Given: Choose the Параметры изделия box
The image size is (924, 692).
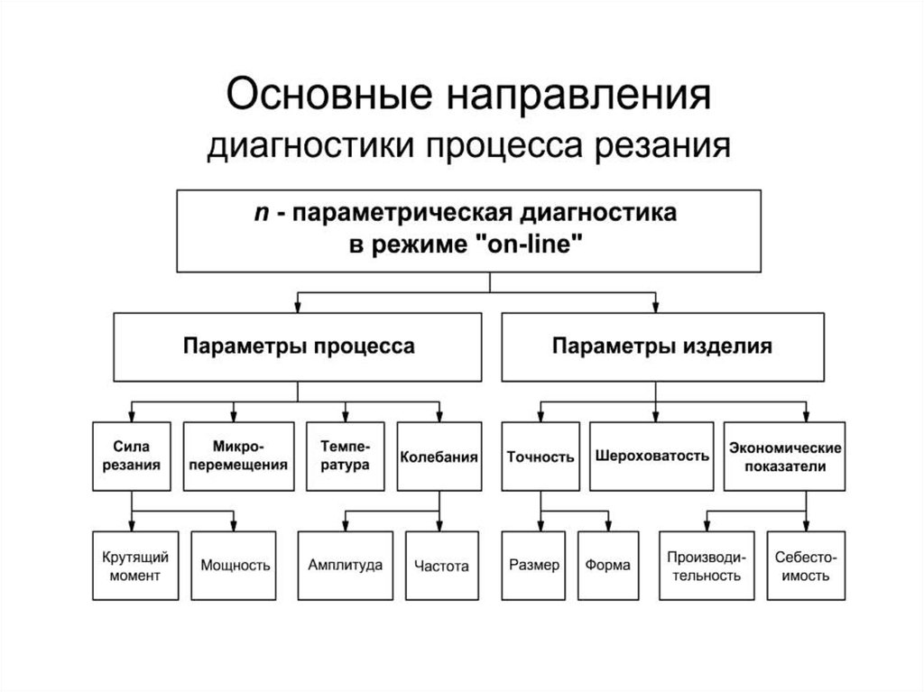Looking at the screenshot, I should point(662,346).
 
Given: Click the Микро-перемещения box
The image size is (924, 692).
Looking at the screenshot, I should point(238,456).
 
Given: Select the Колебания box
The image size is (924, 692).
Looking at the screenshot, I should point(439,456).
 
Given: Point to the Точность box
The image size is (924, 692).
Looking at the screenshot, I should point(541,456).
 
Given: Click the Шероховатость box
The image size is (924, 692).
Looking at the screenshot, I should point(651,456).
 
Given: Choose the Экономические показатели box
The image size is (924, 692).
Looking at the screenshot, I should point(785,456).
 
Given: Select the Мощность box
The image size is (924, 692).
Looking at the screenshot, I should point(236,566).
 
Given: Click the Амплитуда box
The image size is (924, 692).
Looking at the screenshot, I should point(345,566).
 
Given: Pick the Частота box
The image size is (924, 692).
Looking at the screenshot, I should point(441,566).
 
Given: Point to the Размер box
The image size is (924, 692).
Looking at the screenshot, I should point(534,566).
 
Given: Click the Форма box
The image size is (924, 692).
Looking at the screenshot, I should point(608,566).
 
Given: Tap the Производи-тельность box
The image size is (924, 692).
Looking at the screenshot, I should point(705,566).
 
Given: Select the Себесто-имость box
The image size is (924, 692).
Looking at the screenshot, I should point(807,566).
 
